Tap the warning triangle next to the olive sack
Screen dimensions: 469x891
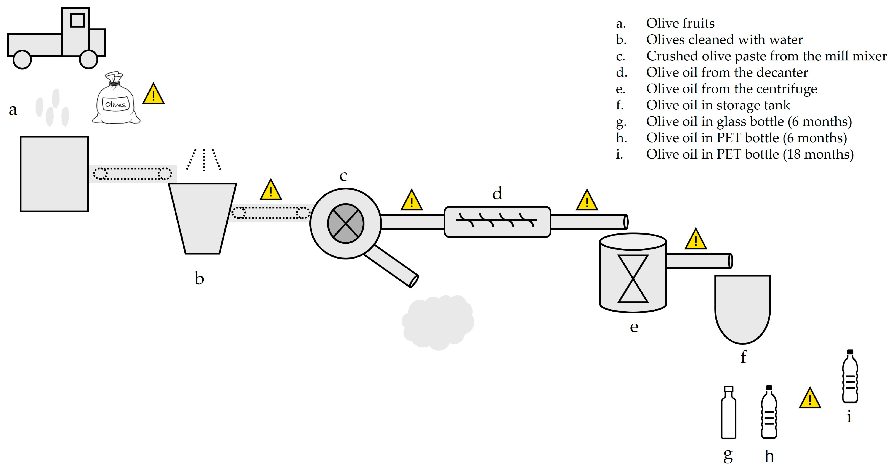tap(153, 94)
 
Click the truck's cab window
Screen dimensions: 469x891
tap(77, 20)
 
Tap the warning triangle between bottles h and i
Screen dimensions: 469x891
tap(810, 399)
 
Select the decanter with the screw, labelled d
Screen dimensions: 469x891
tap(497, 222)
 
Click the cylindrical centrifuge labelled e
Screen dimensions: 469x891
tap(633, 273)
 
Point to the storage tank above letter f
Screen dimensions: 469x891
tap(742, 308)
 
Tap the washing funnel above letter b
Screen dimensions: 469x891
tap(202, 218)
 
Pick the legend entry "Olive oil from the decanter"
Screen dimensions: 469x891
tap(727, 72)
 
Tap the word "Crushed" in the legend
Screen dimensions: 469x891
tap(668, 56)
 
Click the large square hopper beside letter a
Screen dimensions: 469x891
tap(54, 174)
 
